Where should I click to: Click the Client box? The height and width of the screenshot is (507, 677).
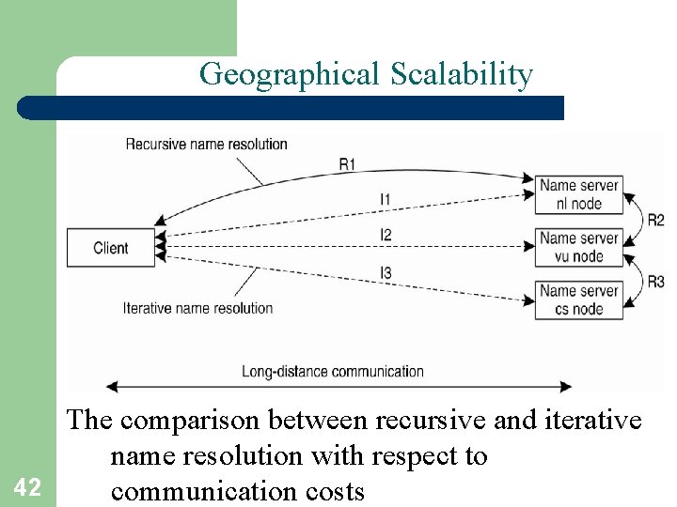point(111,248)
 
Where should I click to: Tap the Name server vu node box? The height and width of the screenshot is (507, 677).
point(579,248)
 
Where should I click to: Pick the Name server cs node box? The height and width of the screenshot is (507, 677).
point(579,300)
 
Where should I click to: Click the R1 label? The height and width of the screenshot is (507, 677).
point(348,164)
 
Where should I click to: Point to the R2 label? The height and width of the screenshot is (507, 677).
point(655,221)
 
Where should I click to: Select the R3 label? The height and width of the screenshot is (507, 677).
point(655,281)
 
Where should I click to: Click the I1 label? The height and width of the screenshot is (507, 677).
point(386,199)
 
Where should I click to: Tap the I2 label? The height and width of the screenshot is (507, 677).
point(386,235)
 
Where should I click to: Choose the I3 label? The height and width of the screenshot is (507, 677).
point(386,272)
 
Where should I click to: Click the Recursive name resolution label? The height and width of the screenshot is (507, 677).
point(206,145)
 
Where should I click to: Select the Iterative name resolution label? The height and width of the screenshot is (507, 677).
point(197,308)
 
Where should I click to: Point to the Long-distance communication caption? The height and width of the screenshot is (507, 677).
point(333,371)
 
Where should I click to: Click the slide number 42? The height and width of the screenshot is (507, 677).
point(27,486)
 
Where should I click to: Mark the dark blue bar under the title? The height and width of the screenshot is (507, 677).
point(291,108)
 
